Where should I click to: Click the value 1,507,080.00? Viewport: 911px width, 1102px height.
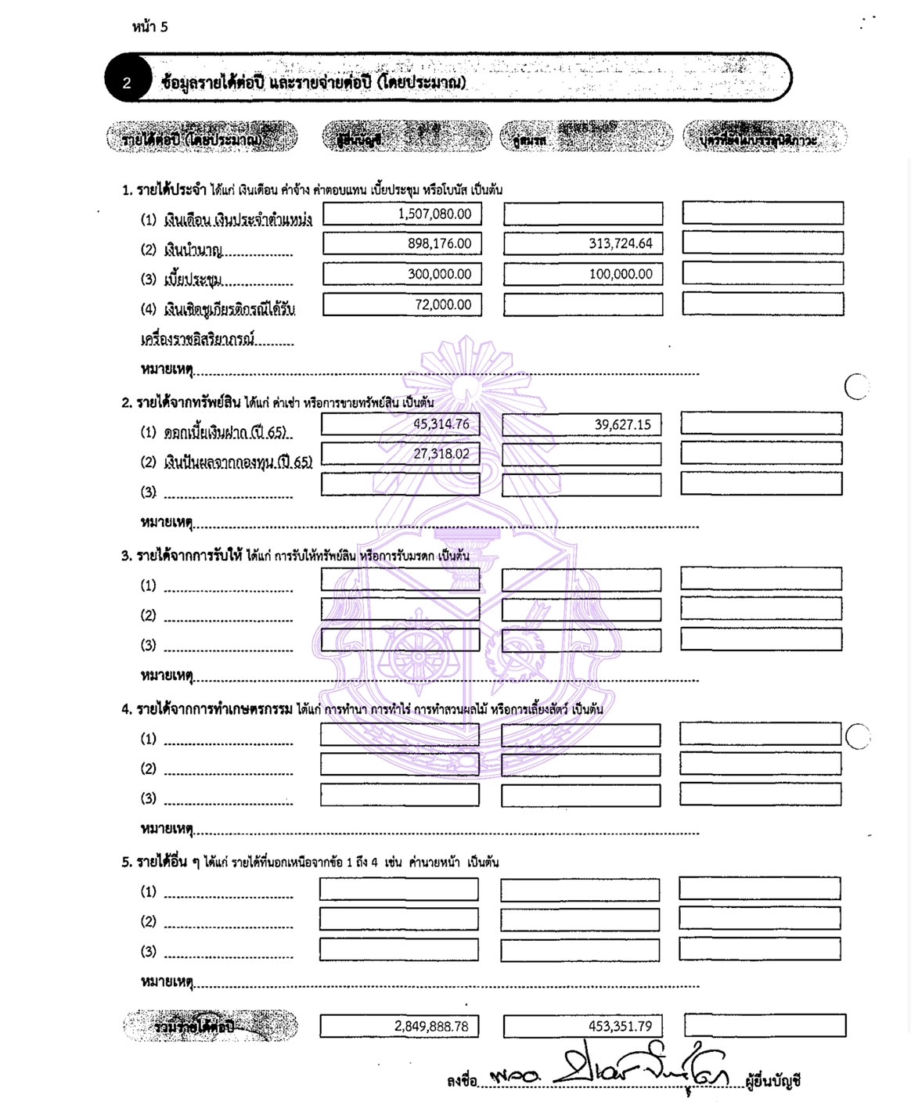(434, 214)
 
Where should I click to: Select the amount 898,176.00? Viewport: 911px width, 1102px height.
(439, 243)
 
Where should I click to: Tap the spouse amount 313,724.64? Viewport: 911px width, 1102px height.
(620, 243)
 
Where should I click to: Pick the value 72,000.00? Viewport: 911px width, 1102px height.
(443, 304)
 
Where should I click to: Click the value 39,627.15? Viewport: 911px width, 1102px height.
(622, 424)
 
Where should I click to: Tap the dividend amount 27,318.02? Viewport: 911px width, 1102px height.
(441, 454)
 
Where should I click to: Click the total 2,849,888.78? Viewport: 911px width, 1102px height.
(431, 1026)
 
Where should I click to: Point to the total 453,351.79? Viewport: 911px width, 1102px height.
(620, 1026)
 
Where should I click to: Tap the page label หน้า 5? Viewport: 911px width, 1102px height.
(149, 27)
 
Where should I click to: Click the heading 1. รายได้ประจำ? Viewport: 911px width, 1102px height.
(164, 189)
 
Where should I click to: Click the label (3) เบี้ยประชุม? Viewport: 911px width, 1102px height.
(192, 279)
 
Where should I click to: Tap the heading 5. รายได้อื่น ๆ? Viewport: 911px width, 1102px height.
(160, 862)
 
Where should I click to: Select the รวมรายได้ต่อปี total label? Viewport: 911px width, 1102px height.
(194, 1026)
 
